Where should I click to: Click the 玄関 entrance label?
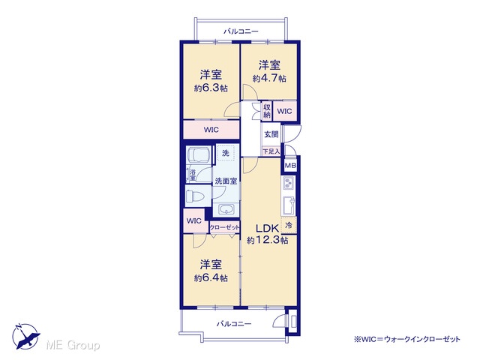click(271, 134)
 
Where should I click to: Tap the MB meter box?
click(290, 166)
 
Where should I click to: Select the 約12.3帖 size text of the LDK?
click(267, 240)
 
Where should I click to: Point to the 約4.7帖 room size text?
click(269, 78)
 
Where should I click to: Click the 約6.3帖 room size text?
click(211, 88)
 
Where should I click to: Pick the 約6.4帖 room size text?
click(211, 278)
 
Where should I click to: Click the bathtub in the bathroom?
click(198, 154)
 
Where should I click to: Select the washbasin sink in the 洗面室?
click(226, 210)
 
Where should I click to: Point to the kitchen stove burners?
click(288, 183)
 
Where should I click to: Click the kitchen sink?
click(288, 205)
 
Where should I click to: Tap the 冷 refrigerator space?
click(288, 225)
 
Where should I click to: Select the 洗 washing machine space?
click(226, 153)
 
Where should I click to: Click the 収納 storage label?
click(267, 111)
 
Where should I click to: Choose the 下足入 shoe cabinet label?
click(271, 151)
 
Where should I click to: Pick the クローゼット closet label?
click(224, 228)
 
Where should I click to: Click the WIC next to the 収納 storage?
click(284, 111)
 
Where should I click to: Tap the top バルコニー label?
click(241, 31)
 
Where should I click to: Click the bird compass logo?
click(25, 337)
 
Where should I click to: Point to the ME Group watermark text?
click(73, 345)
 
